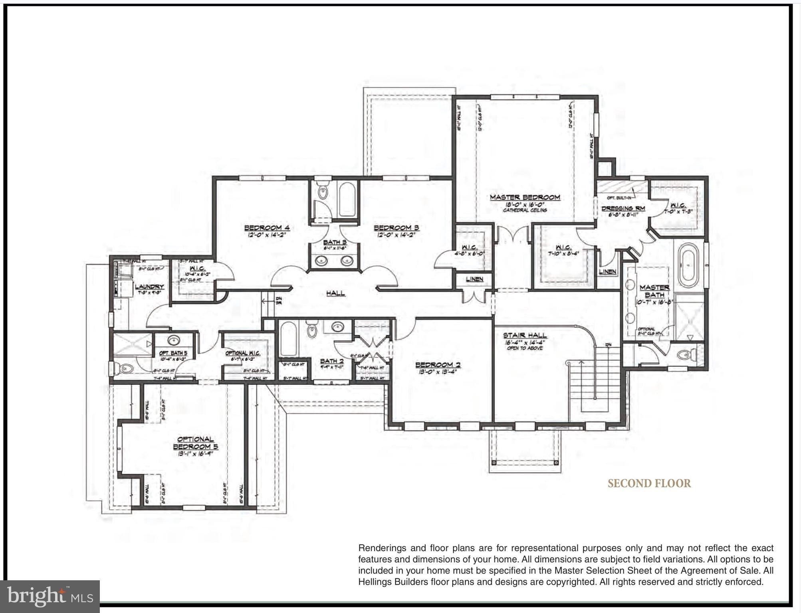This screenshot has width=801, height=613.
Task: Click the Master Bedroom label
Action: [525, 197]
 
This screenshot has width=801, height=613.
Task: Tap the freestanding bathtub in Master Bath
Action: [690, 265]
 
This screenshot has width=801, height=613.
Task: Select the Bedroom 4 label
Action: [267, 228]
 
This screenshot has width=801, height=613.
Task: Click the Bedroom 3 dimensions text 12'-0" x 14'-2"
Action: [396, 235]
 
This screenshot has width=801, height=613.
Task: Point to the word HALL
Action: [335, 293]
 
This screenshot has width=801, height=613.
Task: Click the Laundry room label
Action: [149, 287]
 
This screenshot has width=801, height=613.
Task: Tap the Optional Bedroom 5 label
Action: [195, 443]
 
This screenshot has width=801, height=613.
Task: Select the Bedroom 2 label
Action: [438, 365]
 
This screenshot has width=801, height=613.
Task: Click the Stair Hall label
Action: [525, 335]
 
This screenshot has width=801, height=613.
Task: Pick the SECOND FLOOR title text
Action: [649, 483]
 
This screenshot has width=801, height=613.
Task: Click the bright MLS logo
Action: [50, 596]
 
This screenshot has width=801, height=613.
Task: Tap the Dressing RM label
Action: [623, 208]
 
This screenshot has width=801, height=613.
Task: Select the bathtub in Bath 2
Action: [288, 339]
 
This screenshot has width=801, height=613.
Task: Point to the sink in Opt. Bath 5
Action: [173, 341]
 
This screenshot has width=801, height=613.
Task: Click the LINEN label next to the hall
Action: [474, 279]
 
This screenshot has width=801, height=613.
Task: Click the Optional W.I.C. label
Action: [242, 353]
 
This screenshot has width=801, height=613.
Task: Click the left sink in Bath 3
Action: [321, 261]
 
